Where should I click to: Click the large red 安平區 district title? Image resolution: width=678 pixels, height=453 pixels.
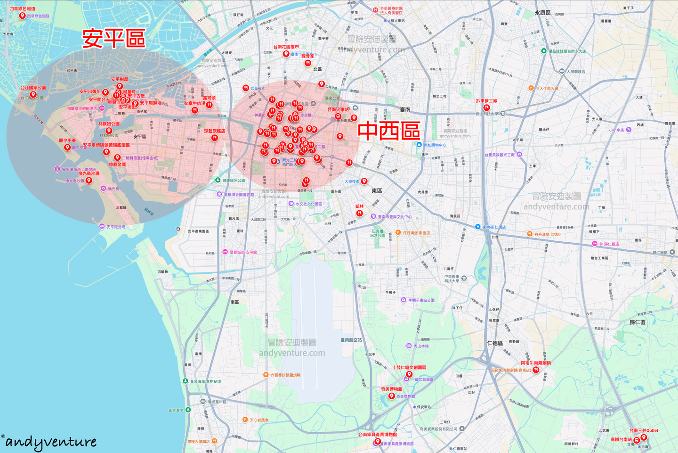(x=113, y=38)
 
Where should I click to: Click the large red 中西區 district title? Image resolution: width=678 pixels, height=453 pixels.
(x=389, y=131)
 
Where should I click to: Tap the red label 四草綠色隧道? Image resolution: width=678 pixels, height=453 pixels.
(x=22, y=8)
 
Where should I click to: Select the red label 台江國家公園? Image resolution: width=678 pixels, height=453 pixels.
(x=33, y=88)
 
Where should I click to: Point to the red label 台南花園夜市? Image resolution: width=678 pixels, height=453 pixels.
(x=286, y=47)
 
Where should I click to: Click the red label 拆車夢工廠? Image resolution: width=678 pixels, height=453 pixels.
(x=486, y=101)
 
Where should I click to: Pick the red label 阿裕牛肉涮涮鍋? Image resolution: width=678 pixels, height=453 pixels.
(x=536, y=363)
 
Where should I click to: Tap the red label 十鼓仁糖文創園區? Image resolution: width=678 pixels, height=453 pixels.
(x=409, y=367)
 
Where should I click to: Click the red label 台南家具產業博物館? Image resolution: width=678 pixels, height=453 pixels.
(x=378, y=435)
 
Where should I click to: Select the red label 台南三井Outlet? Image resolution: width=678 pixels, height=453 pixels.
(x=644, y=430)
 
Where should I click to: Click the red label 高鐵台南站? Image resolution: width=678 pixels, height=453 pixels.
(x=621, y=439)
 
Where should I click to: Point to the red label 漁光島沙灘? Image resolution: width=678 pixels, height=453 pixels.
(x=89, y=173)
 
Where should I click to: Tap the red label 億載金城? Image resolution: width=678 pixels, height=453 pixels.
(x=117, y=165)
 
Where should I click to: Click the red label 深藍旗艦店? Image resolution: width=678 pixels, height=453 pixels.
(x=214, y=131)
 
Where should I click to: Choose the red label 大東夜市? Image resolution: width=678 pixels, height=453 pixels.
(x=352, y=181)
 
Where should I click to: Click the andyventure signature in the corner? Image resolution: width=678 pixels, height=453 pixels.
(x=50, y=442)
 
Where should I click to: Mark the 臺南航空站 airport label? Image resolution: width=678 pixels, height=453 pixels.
(x=351, y=340)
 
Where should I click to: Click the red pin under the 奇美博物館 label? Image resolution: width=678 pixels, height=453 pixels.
(x=391, y=396)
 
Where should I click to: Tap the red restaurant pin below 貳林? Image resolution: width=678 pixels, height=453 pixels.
(x=359, y=213)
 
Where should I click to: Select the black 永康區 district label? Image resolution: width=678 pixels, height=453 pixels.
(x=542, y=13)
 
